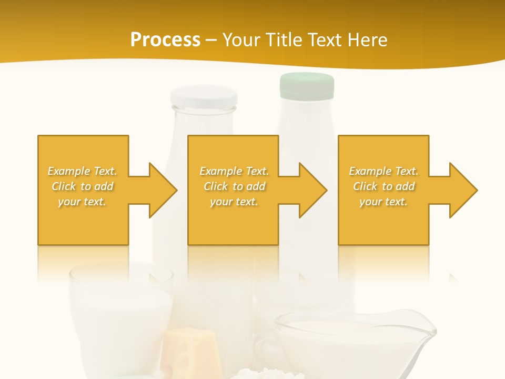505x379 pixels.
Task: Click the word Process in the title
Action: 165,40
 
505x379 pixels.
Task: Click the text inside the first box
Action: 83,186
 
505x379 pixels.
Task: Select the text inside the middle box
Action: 234,186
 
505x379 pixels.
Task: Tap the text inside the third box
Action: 383,186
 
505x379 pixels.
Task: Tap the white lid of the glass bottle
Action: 203,97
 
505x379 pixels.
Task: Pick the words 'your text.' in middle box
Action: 234,202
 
